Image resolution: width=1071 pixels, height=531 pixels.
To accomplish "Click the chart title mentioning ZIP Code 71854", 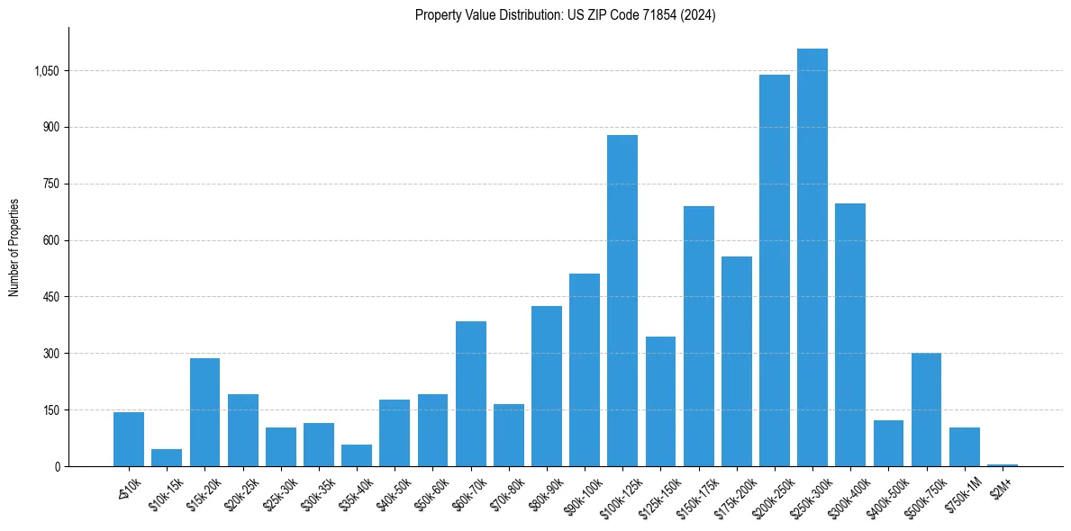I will pyautogui.click(x=565, y=15).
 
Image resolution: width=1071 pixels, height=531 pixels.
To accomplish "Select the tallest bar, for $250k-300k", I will pyautogui.click(x=812, y=257).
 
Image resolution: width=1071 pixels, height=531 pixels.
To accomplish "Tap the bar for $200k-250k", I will pyautogui.click(x=774, y=270).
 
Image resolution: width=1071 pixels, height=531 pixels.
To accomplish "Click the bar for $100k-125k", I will pyautogui.click(x=622, y=301).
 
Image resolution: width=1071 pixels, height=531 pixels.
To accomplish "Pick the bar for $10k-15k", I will pyautogui.click(x=167, y=457).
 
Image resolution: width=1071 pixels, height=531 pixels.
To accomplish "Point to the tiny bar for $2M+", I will pyautogui.click(x=1002, y=464).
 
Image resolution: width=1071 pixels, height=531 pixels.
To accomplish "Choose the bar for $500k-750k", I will pyautogui.click(x=926, y=409).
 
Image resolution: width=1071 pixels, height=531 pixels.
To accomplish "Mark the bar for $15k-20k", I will pyautogui.click(x=204, y=412).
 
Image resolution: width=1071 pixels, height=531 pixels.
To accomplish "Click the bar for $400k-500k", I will pyautogui.click(x=888, y=443).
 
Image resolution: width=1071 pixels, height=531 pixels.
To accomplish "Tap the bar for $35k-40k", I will pyautogui.click(x=357, y=455).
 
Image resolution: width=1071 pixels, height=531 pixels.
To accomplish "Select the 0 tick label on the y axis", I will pyautogui.click(x=56, y=466).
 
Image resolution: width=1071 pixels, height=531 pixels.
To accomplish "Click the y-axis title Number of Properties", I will pyautogui.click(x=14, y=247).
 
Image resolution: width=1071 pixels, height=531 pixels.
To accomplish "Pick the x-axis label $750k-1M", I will pyautogui.click(x=964, y=490).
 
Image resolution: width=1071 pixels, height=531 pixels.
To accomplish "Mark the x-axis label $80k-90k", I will pyautogui.click(x=546, y=490).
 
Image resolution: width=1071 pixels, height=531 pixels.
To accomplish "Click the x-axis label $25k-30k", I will pyautogui.click(x=280, y=490).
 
